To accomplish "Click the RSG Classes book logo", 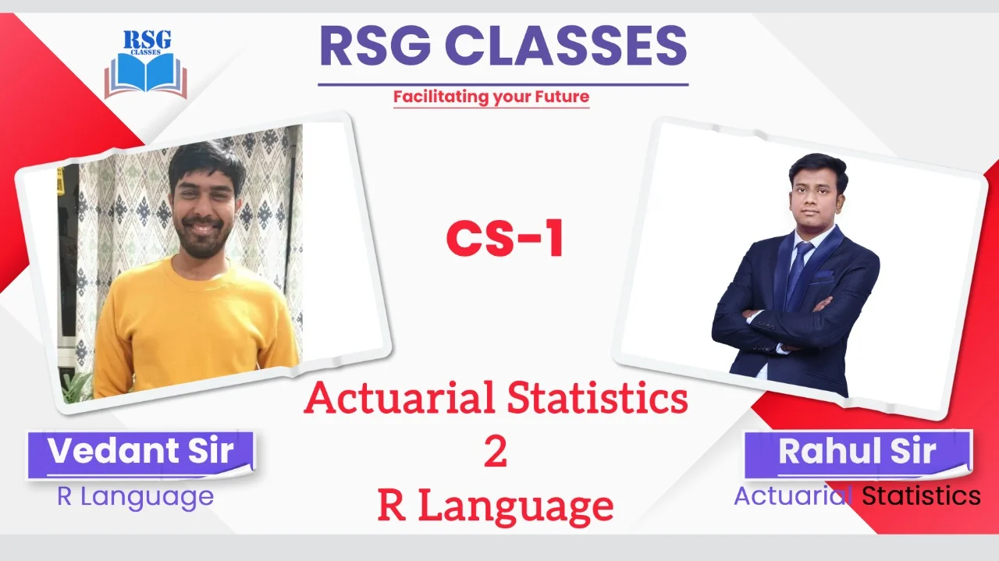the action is tap(146, 64).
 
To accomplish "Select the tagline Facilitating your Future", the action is tap(491, 97).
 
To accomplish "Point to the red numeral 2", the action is tap(496, 453).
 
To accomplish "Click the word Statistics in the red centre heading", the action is tap(597, 398).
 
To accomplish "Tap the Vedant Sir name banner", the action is tap(141, 456).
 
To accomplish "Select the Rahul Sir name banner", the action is tap(858, 454).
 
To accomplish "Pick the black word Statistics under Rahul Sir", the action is tap(921, 496).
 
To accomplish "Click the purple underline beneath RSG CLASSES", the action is tap(503, 84).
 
